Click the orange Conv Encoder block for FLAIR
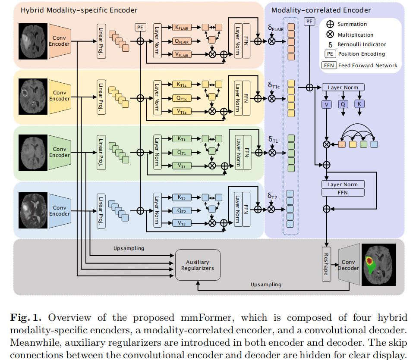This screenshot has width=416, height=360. (60, 41)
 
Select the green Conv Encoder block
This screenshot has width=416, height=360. (60, 152)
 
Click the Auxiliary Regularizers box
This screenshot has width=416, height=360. (197, 265)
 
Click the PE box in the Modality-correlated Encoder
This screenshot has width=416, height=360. (309, 22)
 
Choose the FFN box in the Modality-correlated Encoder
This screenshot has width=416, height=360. (343, 192)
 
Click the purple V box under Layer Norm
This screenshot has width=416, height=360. (327, 104)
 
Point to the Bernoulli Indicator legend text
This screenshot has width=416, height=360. (362, 44)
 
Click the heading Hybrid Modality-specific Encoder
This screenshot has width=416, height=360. (79, 9)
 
